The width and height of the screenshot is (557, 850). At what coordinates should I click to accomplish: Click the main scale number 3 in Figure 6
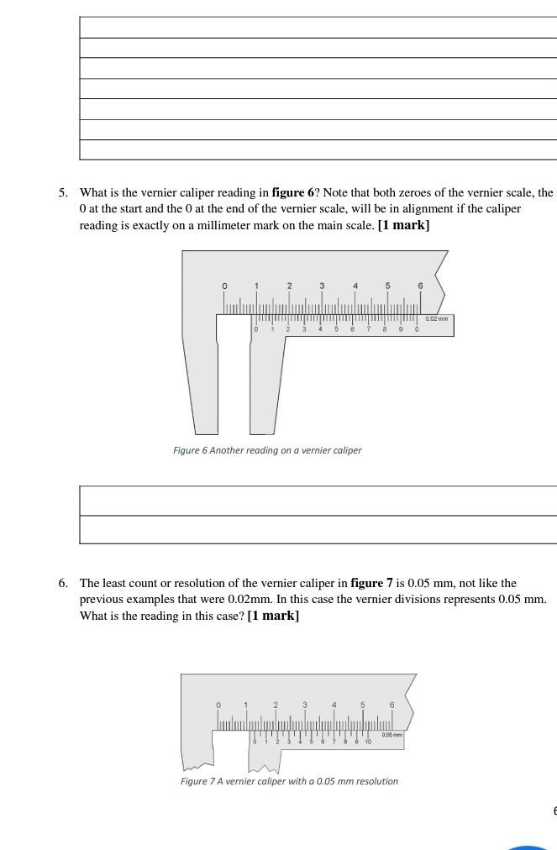[322, 286]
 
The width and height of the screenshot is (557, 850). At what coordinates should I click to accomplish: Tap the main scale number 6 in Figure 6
[421, 286]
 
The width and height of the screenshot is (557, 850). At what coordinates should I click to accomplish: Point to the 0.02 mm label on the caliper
[437, 318]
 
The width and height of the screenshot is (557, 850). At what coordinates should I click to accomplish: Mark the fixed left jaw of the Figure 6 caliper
[200, 378]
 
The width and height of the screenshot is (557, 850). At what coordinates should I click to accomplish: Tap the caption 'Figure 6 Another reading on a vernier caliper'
[267, 450]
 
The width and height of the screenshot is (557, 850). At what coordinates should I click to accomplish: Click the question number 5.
[63, 192]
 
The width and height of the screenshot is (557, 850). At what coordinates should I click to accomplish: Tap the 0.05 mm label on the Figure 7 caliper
[391, 735]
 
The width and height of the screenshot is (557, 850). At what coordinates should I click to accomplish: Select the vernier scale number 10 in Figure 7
[368, 742]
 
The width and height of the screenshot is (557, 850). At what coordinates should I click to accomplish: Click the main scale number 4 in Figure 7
[334, 705]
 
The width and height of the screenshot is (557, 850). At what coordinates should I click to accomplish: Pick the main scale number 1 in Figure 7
[246, 705]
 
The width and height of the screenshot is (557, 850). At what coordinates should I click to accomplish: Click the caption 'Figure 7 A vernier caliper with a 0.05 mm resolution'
[289, 781]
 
